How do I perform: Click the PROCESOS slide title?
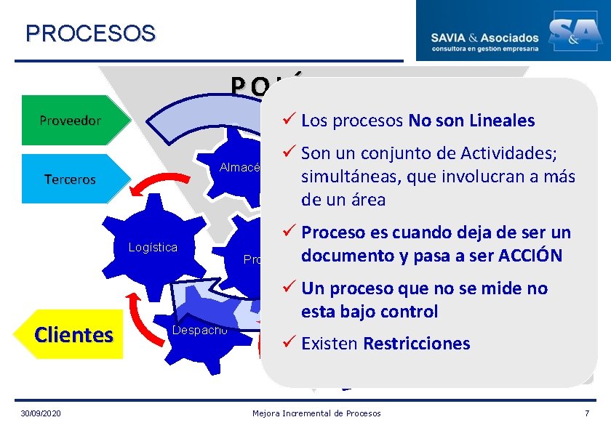tap(90, 33)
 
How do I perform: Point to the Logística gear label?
tap(153, 247)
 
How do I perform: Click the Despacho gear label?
tap(200, 331)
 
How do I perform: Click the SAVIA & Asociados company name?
tap(485, 37)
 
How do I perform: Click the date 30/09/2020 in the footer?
tap(41, 413)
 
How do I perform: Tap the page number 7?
tap(587, 413)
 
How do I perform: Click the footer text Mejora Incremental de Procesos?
tap(316, 413)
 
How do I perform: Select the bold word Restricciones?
tap(417, 344)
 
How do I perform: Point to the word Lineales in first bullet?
tap(500, 121)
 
